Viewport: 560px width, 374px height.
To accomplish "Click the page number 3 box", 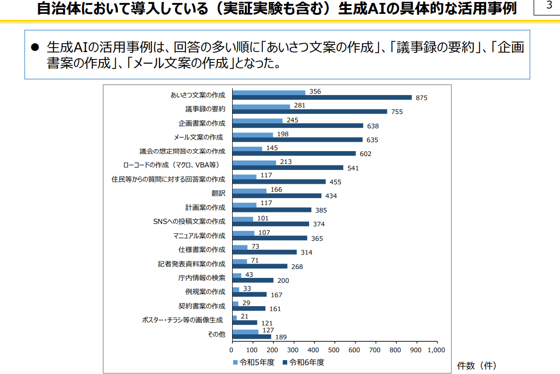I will pyautogui.click(x=549, y=6).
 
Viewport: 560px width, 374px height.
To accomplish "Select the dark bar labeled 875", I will pyautogui.click(x=322, y=98).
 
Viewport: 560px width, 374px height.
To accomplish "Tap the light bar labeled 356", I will pyautogui.click(x=269, y=92).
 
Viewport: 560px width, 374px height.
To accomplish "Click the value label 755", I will pyautogui.click(x=397, y=112).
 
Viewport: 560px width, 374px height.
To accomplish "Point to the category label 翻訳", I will pyautogui.click(x=218, y=193).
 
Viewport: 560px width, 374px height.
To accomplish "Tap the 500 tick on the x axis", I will pyautogui.click(x=335, y=350).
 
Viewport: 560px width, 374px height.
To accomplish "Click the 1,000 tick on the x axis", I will pyautogui.click(x=436, y=350).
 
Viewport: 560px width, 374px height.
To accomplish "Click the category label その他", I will pyautogui.click(x=216, y=334).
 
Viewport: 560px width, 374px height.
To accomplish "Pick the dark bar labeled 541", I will pyautogui.click(x=288, y=167).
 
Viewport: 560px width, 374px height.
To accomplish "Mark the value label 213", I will pyautogui.click(x=286, y=161).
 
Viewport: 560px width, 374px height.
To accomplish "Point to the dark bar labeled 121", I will pyautogui.click(x=245, y=322).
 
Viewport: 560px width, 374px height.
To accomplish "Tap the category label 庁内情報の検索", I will pyautogui.click(x=201, y=277).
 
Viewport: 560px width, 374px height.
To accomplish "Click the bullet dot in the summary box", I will pyautogui.click(x=35, y=48).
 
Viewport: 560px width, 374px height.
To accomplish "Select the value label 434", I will pyautogui.click(x=331, y=196).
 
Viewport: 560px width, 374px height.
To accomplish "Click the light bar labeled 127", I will pyautogui.click(x=246, y=332).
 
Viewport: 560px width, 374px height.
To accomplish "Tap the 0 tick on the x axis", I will pyautogui.click(x=233, y=350).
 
